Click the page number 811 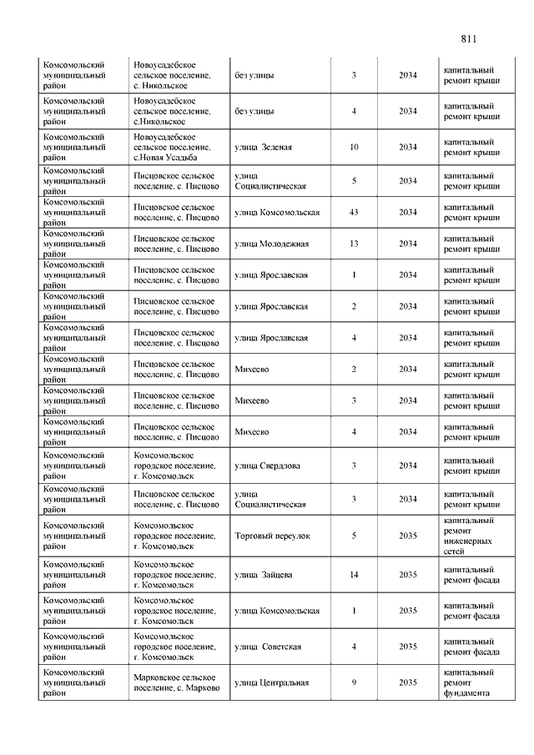pos(467,39)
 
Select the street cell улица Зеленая pos(264,147)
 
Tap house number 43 pos(354,212)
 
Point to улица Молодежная pos(272,244)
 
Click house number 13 pos(354,244)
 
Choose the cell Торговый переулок pos(272,536)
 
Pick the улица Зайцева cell pos(263,575)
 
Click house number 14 pos(354,575)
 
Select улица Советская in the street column pos(268,647)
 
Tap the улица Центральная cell pos(272,682)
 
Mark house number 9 pos(354,682)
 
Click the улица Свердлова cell pos(268,466)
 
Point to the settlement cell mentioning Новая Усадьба pos(166,147)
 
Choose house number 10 pos(354,147)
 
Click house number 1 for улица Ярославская pos(354,274)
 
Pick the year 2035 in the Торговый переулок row pos(408,536)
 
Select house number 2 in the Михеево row pos(354,369)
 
